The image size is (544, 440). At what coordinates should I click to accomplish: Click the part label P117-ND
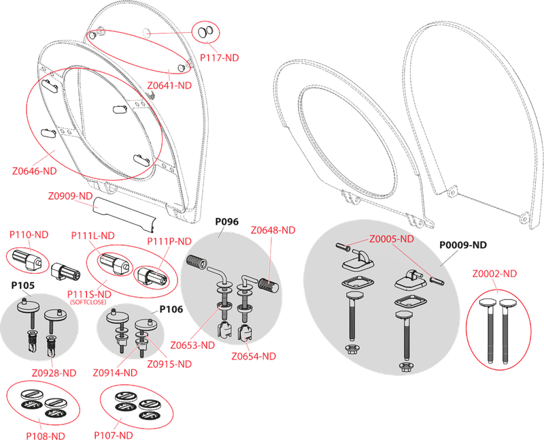219,58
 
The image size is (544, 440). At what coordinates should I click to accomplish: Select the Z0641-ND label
169,86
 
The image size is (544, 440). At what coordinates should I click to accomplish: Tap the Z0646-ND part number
35,171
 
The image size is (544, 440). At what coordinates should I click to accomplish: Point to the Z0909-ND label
70,196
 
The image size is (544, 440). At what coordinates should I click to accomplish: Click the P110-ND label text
29,234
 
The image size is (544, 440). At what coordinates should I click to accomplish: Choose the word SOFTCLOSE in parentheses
88,302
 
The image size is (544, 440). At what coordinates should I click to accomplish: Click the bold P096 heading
227,222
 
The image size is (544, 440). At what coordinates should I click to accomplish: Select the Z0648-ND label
273,230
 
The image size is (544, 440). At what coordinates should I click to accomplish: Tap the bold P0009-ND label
463,245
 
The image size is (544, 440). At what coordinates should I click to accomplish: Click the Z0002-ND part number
494,274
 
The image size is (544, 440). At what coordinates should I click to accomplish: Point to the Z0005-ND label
392,239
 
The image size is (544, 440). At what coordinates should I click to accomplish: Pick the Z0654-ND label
254,356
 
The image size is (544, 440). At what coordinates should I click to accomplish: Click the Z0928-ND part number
54,373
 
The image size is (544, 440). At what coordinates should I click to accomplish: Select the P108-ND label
46,436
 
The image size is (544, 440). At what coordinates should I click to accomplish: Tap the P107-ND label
114,435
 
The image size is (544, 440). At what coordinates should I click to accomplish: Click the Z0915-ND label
169,364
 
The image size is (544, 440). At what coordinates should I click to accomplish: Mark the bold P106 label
171,309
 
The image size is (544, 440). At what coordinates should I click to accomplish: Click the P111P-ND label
169,241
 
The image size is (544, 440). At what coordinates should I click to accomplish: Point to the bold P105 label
23,285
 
